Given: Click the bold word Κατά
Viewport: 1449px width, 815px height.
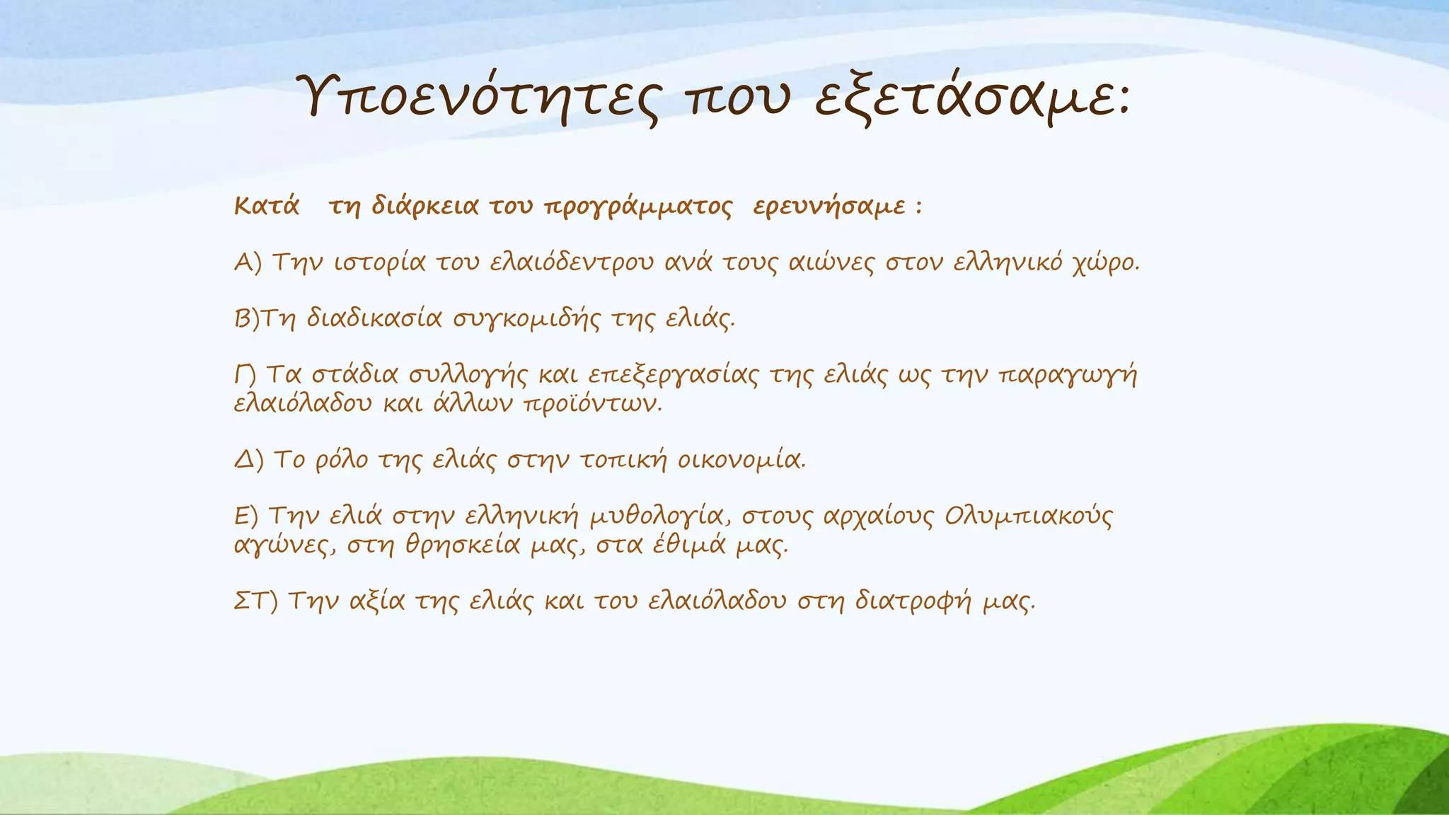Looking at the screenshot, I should click(267, 207).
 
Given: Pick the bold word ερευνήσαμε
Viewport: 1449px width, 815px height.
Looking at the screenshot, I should click(829, 207).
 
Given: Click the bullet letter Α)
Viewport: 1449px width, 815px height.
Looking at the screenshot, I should click(248, 262).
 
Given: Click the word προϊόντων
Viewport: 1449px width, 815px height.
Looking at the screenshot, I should click(593, 405).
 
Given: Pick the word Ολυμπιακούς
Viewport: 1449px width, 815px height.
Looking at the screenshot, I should click(1028, 517).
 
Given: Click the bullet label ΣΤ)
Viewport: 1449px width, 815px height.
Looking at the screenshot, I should click(256, 602).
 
